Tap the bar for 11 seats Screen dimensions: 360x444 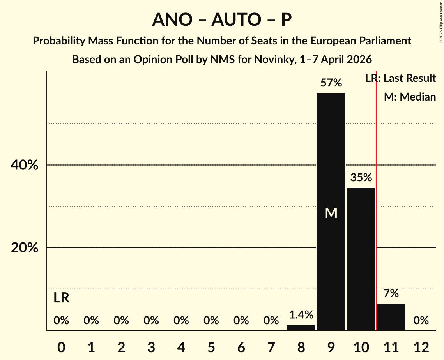coord(391,317)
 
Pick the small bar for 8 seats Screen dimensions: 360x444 coord(301,328)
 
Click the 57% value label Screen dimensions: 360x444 coord(331,83)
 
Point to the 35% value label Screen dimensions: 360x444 coord(361,178)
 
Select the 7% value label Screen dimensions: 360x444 coord(391,293)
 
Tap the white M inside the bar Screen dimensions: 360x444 coord(331,213)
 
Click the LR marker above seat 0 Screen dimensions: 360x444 coord(61,298)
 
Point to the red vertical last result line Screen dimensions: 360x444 coord(376,234)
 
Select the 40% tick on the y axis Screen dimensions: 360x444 coord(24,165)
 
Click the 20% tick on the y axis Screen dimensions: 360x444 coord(24,248)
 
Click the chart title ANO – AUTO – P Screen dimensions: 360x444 coord(222,19)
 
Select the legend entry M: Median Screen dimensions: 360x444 coord(410,97)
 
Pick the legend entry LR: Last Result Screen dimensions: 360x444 coord(400,78)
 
